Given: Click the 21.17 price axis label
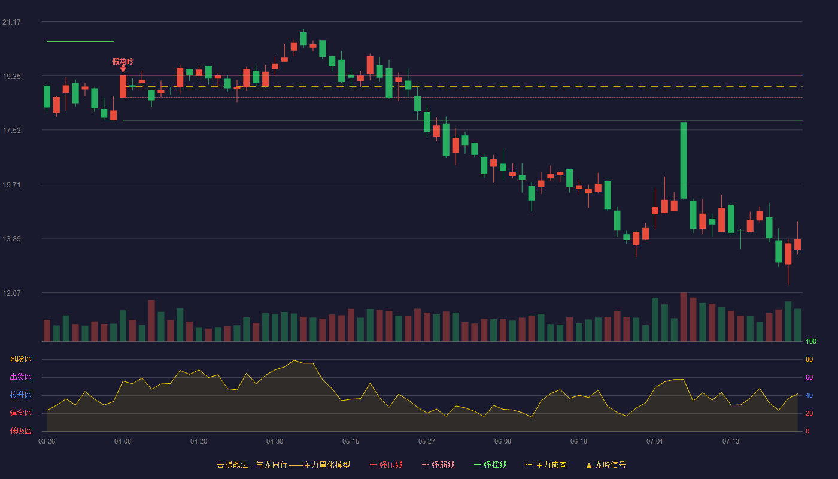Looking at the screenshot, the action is pyautogui.click(x=11, y=22).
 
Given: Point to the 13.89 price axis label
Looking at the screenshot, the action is pyautogui.click(x=11, y=239).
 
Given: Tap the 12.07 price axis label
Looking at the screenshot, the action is pyautogui.click(x=11, y=293).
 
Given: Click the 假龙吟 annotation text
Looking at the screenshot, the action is pyautogui.click(x=123, y=61).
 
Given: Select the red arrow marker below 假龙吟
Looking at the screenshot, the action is pyautogui.click(x=123, y=69).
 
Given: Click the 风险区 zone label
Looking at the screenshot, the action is pyautogui.click(x=20, y=359).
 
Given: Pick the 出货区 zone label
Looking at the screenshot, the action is pyautogui.click(x=20, y=377).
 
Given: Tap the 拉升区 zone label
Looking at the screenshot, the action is pyautogui.click(x=20, y=395).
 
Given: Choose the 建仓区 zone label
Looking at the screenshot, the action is pyautogui.click(x=20, y=413).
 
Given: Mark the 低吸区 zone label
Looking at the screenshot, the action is pyautogui.click(x=20, y=431).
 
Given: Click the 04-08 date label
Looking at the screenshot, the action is pyautogui.click(x=123, y=442).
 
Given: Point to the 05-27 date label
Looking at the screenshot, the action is pyautogui.click(x=426, y=442).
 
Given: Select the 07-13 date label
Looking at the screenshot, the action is pyautogui.click(x=731, y=442).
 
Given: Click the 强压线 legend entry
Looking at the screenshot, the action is pyautogui.click(x=386, y=465).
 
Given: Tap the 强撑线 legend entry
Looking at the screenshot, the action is pyautogui.click(x=490, y=465).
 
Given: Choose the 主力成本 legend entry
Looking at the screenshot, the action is pyautogui.click(x=546, y=465).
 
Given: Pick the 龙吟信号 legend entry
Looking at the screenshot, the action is pyautogui.click(x=606, y=465).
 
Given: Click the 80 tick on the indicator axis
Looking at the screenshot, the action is pyautogui.click(x=809, y=359).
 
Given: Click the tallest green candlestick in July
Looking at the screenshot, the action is pyautogui.click(x=684, y=160).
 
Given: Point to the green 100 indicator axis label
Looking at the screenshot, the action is pyautogui.click(x=811, y=341).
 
